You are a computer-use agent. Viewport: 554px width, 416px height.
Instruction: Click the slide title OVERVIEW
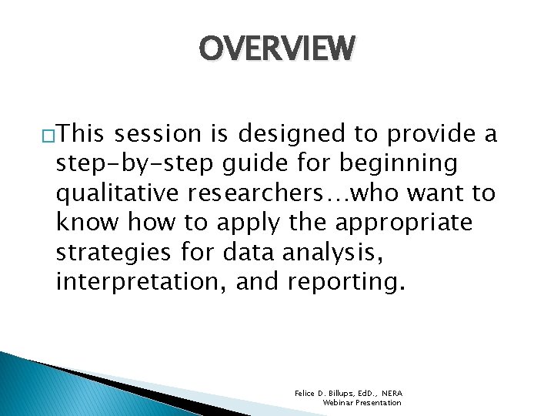click(278, 48)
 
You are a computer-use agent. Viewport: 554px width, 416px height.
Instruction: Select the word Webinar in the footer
click(339, 403)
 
